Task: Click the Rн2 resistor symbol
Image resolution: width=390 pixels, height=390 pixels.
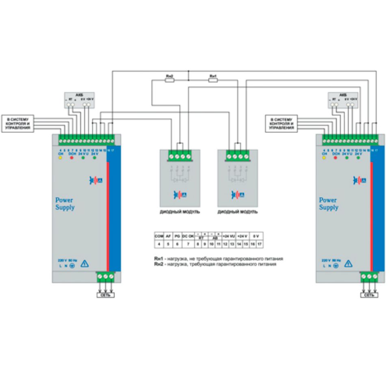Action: coord(170,80)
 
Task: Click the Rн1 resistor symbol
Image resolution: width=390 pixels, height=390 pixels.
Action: coord(213,80)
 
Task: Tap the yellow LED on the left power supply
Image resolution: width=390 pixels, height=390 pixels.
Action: coord(60,158)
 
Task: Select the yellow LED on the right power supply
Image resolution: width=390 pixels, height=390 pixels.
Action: coord(324,158)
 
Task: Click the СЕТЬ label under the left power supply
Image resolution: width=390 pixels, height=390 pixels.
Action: coord(105,295)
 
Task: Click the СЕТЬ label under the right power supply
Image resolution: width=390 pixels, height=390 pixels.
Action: coord(369,295)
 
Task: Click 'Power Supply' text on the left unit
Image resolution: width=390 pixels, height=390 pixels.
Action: coord(65,204)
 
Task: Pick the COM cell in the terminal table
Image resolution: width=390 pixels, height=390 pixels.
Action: coord(158,236)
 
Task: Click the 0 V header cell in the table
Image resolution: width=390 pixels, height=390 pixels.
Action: coord(256,236)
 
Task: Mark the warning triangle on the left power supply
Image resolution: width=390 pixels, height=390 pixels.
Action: coord(85,264)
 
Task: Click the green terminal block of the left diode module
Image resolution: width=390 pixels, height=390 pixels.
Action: coord(179,155)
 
